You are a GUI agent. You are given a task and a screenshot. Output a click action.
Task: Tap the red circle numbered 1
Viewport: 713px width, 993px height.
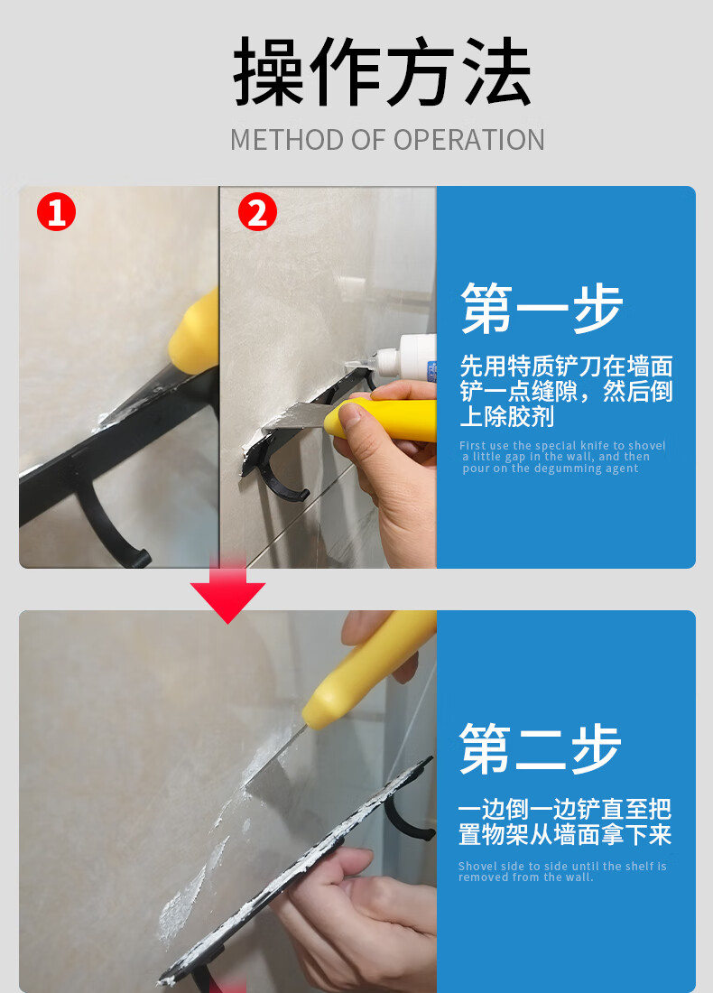tap(56, 213)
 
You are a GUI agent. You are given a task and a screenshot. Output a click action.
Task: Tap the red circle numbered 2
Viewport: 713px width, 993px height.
tap(257, 213)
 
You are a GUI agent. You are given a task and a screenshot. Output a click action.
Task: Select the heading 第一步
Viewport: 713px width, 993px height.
tap(542, 309)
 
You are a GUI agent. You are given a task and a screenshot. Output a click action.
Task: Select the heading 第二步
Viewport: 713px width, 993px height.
tap(540, 748)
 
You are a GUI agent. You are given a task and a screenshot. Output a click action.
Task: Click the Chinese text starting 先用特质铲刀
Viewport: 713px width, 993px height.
tap(566, 391)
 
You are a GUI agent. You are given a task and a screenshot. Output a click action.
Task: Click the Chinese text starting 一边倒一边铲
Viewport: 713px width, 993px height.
tap(564, 821)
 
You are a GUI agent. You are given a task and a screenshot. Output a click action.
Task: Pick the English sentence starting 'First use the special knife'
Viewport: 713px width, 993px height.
tap(561, 457)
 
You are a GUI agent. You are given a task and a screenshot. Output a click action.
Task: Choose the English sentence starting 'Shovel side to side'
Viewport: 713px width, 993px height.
tap(561, 871)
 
